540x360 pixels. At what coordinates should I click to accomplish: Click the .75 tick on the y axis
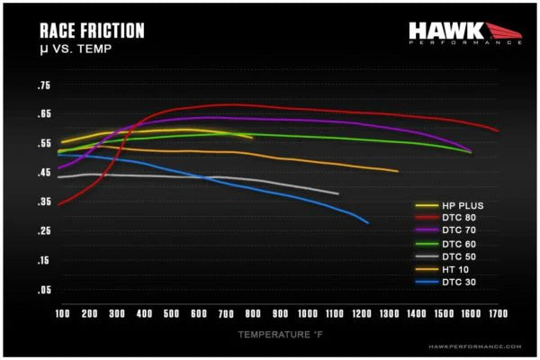(43, 85)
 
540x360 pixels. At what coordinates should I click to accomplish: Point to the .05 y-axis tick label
(43, 290)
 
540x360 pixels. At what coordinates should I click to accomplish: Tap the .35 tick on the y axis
(43, 202)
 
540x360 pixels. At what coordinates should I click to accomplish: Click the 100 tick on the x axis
(62, 313)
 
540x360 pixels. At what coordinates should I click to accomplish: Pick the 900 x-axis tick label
(280, 313)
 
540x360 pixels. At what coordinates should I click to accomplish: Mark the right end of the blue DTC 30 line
(368, 223)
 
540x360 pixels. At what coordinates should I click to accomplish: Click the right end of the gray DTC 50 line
(338, 193)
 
